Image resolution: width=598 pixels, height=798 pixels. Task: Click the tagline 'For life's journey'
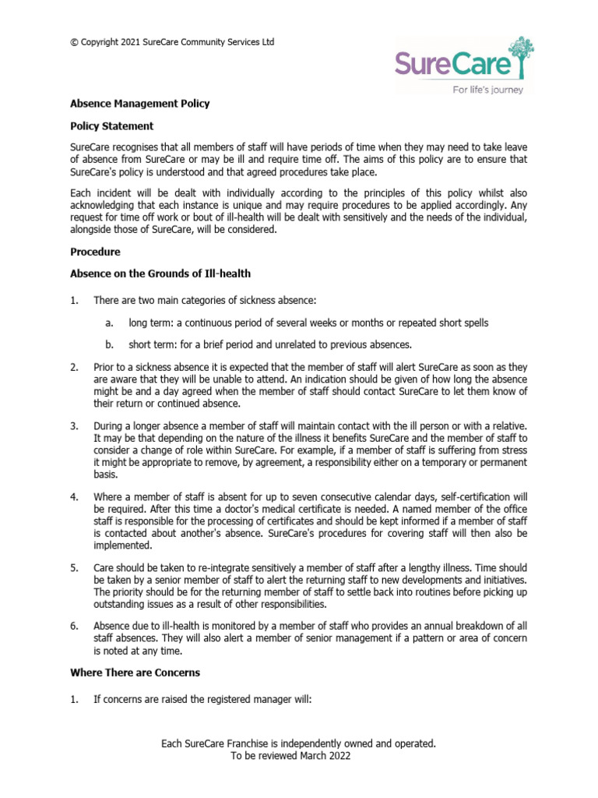pos(488,90)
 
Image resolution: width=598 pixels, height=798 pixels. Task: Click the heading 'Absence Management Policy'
pos(139,103)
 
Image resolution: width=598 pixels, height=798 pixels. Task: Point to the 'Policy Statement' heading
pos(111,125)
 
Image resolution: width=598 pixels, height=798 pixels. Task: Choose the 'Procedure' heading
pos(95,252)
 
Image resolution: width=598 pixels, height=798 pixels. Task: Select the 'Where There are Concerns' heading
pos(135,673)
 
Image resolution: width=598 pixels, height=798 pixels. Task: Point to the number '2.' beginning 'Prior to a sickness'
pos(75,366)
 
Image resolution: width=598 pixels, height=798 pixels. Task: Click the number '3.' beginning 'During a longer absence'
pos(75,426)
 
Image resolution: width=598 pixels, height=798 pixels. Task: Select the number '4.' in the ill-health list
pos(75,496)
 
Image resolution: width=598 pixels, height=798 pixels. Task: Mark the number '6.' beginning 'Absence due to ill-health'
pos(75,626)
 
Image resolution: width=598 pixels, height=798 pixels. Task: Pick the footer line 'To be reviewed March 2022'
pos(298,756)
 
